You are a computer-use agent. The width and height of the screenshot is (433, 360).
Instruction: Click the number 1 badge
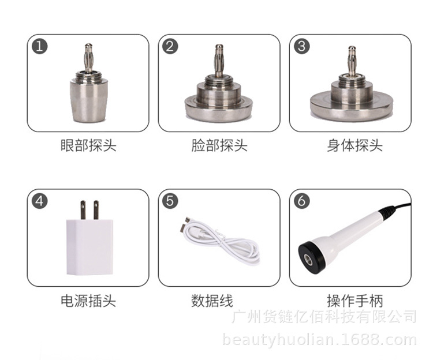coord(39,46)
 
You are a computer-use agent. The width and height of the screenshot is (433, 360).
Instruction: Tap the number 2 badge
coord(170,46)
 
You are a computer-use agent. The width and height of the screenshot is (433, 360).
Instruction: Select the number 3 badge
coord(301,46)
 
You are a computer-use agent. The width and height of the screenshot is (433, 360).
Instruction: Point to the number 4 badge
coord(39,201)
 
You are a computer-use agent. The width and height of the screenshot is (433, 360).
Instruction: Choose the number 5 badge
coord(170,201)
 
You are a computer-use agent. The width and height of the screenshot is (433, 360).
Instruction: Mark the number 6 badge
coord(301,201)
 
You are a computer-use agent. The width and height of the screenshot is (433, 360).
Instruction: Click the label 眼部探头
coord(88,145)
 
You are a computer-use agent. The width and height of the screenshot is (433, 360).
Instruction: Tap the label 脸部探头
coord(219,145)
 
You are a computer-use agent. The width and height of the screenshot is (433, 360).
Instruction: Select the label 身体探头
coord(355,145)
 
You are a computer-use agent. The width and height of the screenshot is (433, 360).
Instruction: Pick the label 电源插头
coord(88,301)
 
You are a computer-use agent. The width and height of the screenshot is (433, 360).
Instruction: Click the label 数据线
coord(212,301)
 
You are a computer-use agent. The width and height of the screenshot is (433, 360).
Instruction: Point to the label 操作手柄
coord(355,301)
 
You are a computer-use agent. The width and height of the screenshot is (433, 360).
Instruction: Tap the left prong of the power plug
coord(83,210)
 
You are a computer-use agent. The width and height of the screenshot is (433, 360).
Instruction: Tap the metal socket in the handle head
coord(308,260)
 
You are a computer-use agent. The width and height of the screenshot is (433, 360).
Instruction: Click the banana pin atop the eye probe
coord(88,58)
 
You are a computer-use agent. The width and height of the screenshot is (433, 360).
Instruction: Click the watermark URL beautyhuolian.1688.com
coord(319,340)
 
